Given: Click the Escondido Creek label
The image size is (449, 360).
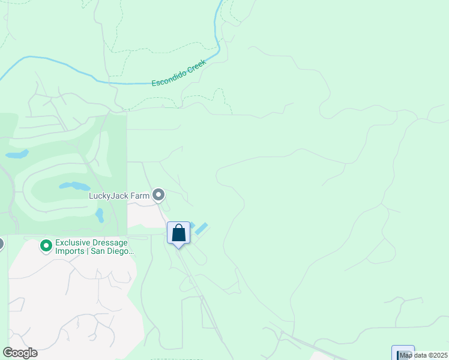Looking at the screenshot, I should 179,73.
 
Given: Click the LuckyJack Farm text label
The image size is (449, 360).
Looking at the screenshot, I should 119,195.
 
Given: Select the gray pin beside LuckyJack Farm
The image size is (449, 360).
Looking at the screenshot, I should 158,194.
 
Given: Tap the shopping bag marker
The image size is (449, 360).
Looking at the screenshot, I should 178,233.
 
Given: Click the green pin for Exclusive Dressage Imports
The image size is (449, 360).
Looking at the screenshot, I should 46,246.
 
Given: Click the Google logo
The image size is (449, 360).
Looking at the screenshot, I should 20,352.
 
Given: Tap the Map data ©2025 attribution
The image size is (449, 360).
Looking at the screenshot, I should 424,355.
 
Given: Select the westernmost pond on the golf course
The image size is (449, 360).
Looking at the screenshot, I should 17,154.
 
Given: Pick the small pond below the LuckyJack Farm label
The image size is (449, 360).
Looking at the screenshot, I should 100,215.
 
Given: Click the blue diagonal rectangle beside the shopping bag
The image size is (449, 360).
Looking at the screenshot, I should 201,229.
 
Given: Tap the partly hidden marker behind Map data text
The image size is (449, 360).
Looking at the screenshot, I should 402,352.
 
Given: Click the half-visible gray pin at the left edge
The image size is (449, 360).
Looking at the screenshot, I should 1,244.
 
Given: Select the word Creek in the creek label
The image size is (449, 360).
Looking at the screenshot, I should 196,65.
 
